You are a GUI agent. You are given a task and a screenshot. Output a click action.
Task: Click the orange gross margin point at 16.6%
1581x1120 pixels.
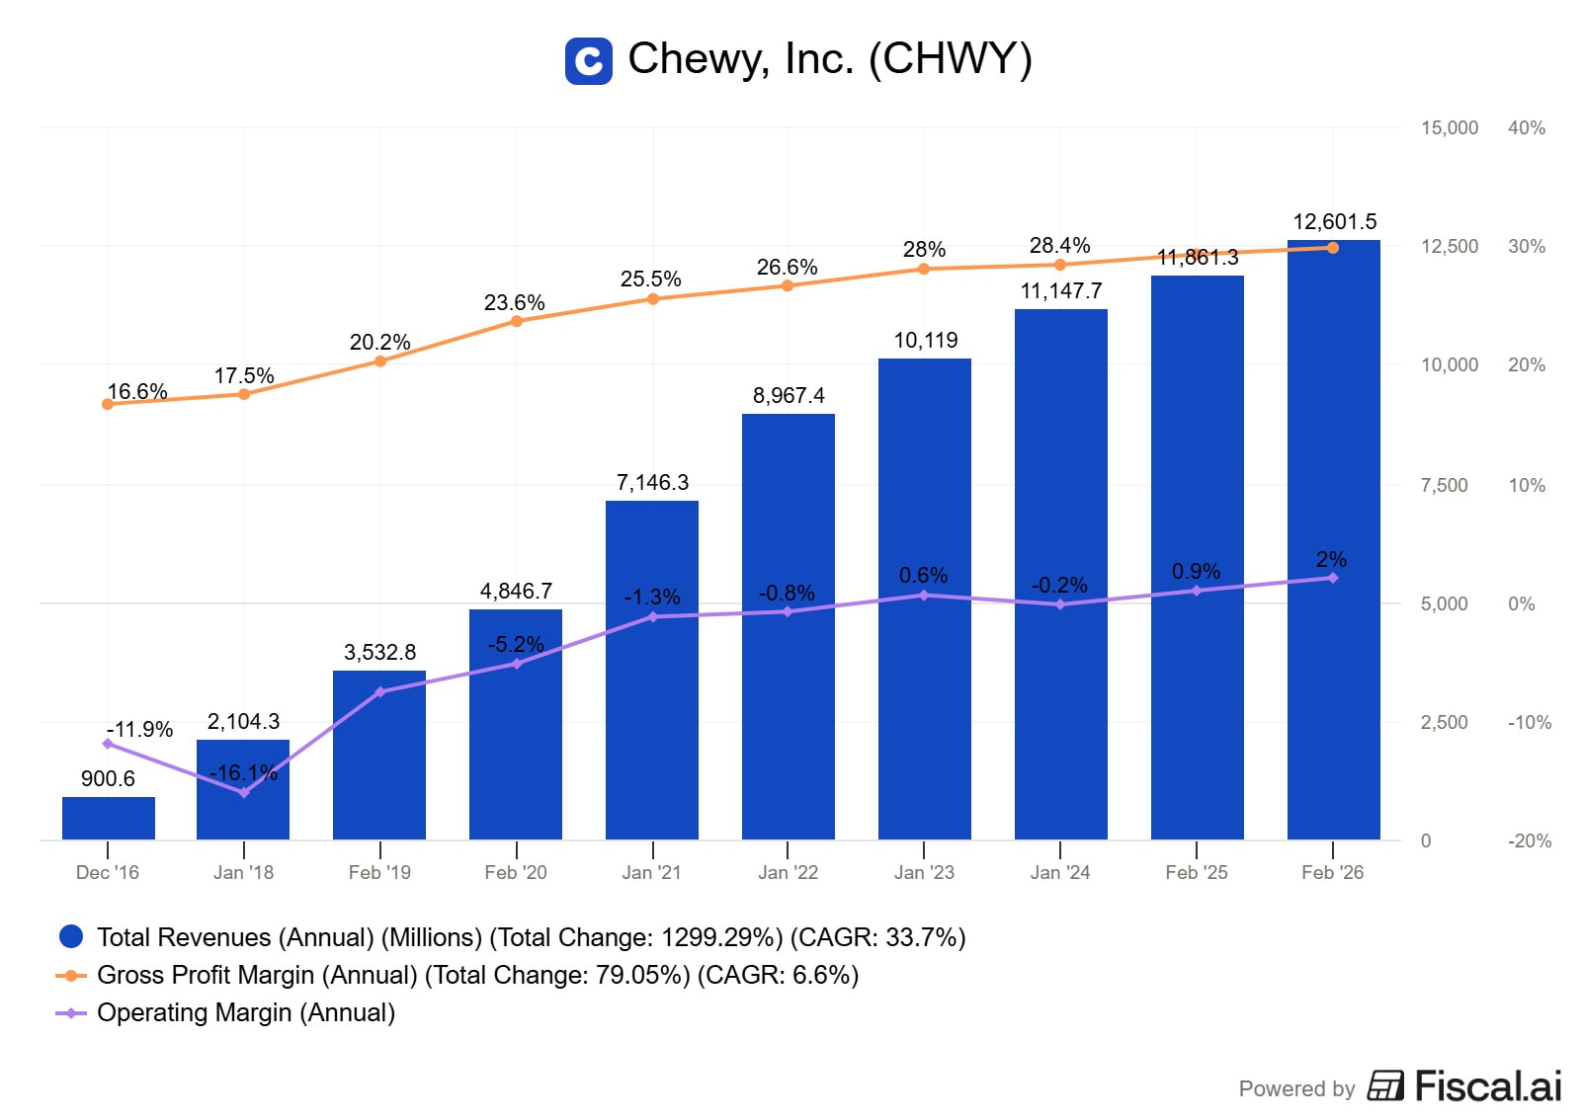tap(108, 404)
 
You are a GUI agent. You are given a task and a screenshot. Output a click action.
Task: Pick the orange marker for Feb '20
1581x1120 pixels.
tap(517, 321)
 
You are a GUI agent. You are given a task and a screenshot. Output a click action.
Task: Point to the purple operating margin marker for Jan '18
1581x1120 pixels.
tap(244, 792)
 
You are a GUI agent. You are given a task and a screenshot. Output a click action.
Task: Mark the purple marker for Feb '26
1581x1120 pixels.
tap(1333, 578)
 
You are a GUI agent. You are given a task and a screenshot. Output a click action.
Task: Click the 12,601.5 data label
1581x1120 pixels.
tap(1334, 222)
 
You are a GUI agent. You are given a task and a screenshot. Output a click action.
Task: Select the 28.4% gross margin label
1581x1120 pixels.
tap(1059, 245)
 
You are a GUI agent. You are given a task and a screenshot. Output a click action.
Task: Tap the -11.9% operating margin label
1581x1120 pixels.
tap(139, 729)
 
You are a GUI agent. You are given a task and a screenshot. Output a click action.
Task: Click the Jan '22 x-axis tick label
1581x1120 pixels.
tap(788, 873)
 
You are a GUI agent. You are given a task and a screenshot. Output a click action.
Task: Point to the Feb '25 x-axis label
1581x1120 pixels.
tap(1196, 873)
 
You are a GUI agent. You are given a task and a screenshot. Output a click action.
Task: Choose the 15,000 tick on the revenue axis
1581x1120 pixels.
tap(1449, 128)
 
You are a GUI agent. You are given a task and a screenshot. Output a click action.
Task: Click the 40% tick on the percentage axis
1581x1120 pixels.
tap(1526, 128)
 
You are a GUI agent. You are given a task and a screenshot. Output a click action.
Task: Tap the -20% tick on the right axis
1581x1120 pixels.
tap(1529, 841)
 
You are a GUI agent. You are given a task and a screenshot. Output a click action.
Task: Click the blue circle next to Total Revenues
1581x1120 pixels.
tap(71, 936)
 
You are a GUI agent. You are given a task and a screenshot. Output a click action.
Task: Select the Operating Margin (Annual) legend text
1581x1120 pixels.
tap(246, 1013)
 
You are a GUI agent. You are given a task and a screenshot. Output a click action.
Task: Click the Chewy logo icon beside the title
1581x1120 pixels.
tap(588, 61)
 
